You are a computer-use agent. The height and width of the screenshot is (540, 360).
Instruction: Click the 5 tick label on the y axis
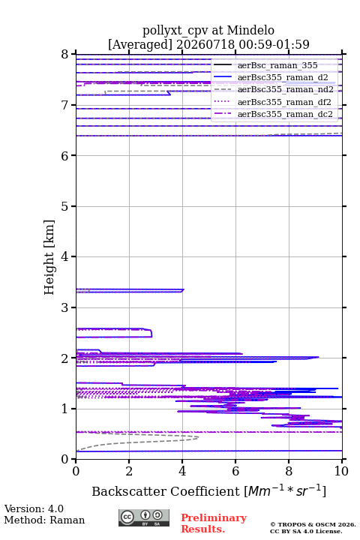[64, 207]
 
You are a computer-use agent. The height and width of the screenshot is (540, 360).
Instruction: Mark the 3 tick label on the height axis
[64, 307]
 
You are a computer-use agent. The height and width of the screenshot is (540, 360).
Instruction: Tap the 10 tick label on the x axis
[341, 471]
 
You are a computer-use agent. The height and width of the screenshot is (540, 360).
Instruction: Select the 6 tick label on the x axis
[235, 471]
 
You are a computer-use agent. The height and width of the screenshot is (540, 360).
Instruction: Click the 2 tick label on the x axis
[129, 471]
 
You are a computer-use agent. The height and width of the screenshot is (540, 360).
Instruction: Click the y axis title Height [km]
[49, 257]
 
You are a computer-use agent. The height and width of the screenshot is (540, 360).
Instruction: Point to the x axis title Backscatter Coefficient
[166, 491]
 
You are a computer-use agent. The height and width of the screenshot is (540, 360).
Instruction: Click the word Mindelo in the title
[250, 30]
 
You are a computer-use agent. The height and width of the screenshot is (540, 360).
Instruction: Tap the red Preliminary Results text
[214, 523]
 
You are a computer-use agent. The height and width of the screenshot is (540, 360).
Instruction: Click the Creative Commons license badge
[144, 517]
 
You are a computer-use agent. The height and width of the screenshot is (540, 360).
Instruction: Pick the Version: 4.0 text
[34, 508]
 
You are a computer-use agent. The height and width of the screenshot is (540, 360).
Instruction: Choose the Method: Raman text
[44, 520]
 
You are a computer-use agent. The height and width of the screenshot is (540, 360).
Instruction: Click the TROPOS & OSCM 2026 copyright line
[313, 524]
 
